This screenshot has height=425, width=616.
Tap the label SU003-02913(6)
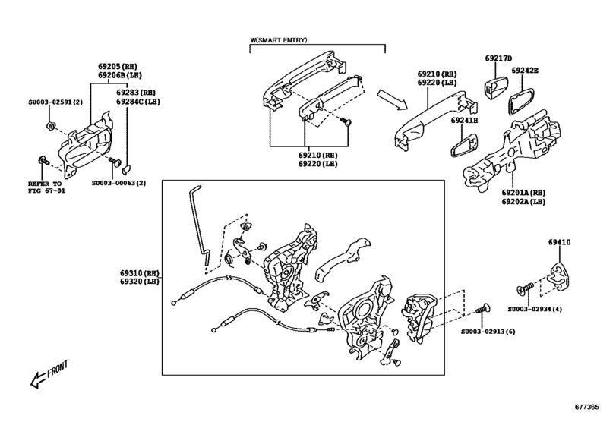coord(486,332)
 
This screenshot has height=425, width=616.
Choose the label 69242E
coord(524,71)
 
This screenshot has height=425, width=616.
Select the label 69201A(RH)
coord(523,193)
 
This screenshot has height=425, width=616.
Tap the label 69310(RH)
coord(138,272)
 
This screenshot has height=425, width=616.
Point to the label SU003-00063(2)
coord(118,183)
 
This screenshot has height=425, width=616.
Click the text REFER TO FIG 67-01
coord(49,187)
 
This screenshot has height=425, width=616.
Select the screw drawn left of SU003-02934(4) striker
coord(523,289)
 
